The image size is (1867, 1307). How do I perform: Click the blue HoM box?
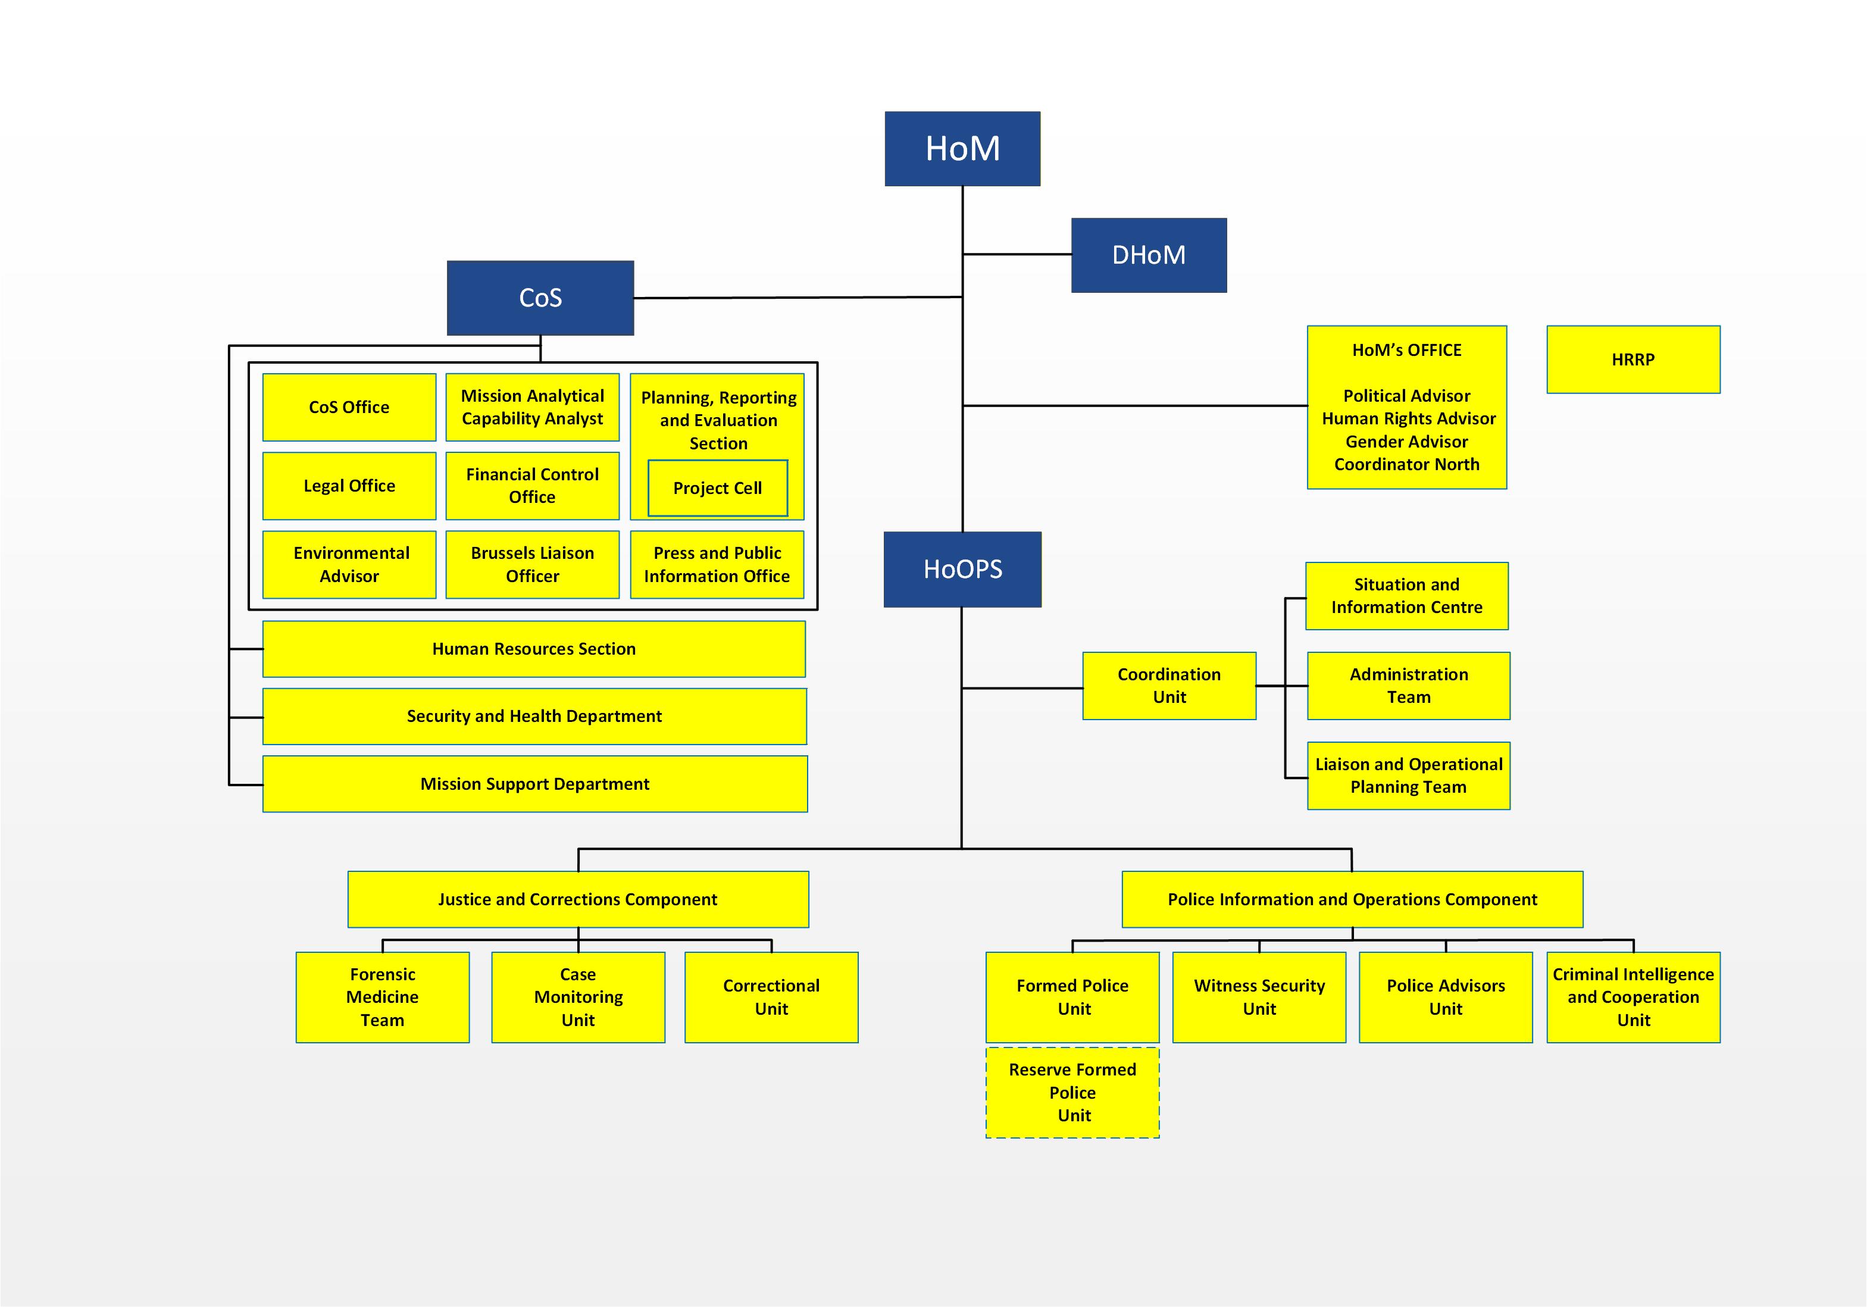coord(962,149)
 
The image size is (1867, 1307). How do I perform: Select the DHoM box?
coord(1148,255)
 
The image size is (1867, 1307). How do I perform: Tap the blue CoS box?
coord(540,298)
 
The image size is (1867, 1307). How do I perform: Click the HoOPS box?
coord(962,570)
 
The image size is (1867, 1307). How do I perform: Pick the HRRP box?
coord(1633,359)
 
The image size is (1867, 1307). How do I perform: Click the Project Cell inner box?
coord(717,488)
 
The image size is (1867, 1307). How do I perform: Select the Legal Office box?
coord(349,486)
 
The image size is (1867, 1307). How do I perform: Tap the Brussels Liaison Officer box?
coord(532,564)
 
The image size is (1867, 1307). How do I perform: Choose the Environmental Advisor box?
coord(349,564)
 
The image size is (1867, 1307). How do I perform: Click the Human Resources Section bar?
coord(533,649)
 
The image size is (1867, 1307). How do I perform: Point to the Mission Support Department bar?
coord(534,784)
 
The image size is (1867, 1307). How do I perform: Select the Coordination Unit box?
coord(1168,686)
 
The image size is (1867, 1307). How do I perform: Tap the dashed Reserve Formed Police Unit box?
coord(1072,1092)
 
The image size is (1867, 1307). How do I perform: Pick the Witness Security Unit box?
coord(1259,997)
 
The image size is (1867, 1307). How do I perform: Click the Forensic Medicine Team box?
coord(382,997)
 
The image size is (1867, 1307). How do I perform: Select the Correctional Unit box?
coord(771,997)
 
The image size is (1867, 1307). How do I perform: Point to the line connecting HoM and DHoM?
coord(1017,255)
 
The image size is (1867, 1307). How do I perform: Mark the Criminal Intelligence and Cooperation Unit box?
coord(1633,997)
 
